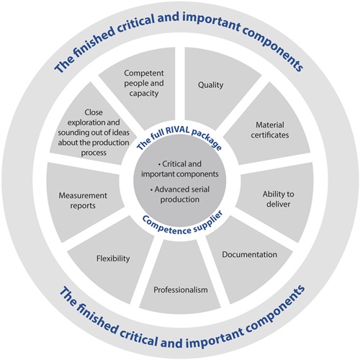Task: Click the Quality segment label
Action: pyautogui.click(x=210, y=85)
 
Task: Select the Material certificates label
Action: pyautogui.click(x=270, y=130)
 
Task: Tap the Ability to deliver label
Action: pyautogui.click(x=278, y=199)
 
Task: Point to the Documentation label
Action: pyautogui.click(x=249, y=254)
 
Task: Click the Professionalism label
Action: pyautogui.click(x=181, y=289)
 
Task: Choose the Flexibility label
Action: pyautogui.click(x=113, y=258)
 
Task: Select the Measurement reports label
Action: pyautogui.click(x=83, y=200)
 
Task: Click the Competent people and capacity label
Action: pyautogui.click(x=144, y=83)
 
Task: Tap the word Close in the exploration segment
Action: pyautogui.click(x=94, y=112)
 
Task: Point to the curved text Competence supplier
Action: pyautogui.click(x=182, y=224)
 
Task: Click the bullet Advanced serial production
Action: pyautogui.click(x=180, y=194)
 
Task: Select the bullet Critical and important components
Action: pyautogui.click(x=180, y=169)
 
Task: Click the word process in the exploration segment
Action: pyautogui.click(x=94, y=153)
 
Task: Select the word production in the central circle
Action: pyautogui.click(x=180, y=199)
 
